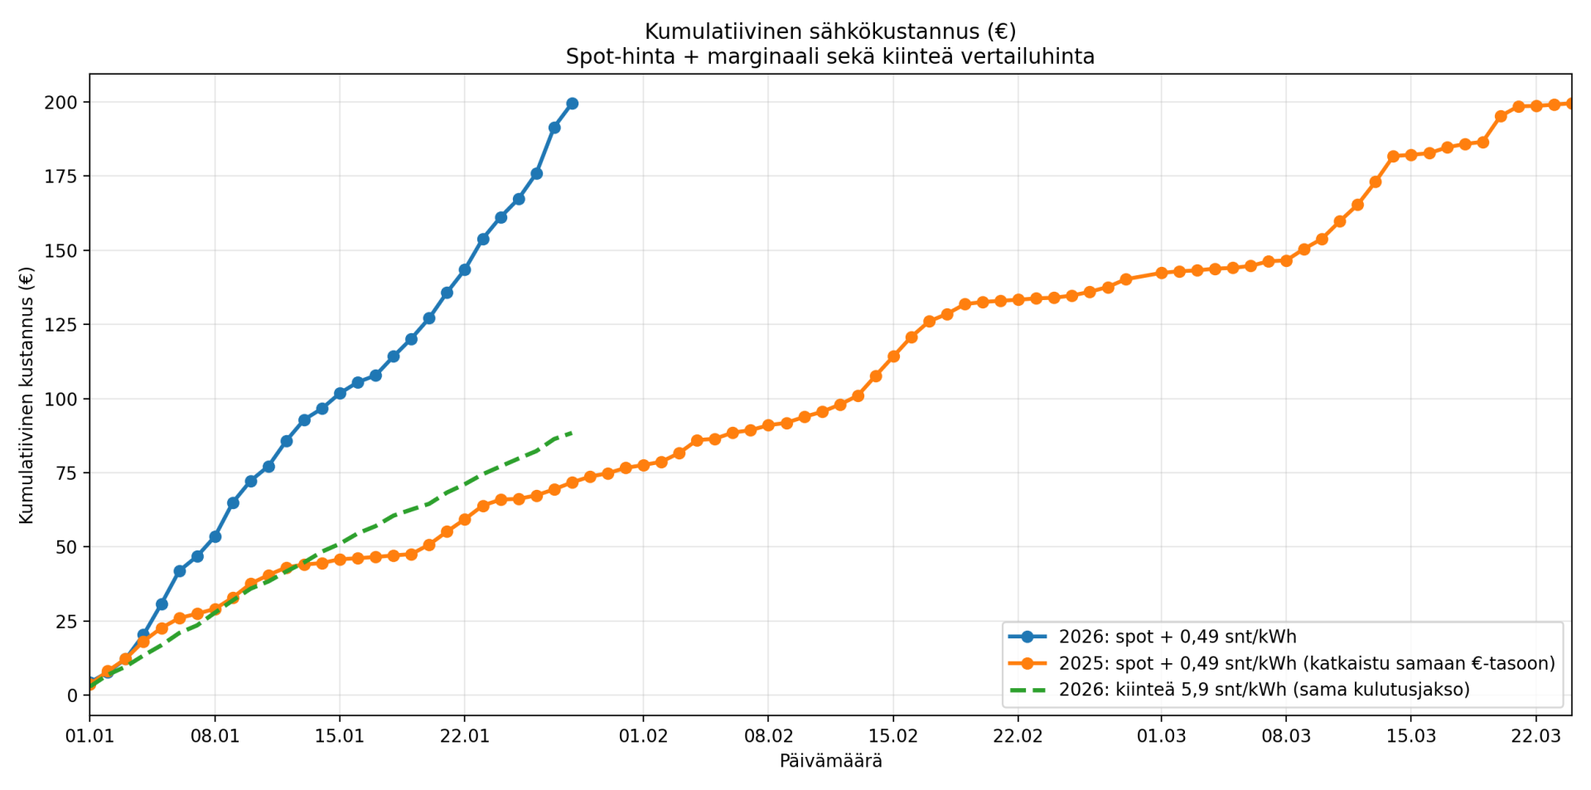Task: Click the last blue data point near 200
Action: pos(572,104)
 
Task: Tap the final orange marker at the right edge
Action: pos(1571,104)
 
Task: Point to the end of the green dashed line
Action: pos(572,433)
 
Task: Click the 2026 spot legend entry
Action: pos(1177,637)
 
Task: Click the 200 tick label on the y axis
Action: pos(65,102)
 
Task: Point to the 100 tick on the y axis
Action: pos(65,399)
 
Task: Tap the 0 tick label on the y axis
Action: pos(73,695)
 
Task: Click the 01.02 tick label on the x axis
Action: pos(643,736)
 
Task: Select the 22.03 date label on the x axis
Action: pos(1535,736)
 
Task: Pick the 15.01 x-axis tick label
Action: pos(340,736)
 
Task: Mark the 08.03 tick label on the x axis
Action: pos(1286,736)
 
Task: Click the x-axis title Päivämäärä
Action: pos(830,761)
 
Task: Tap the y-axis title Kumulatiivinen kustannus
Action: pos(27,395)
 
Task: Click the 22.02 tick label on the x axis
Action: pos(1018,736)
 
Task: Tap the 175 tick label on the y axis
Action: pos(65,176)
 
